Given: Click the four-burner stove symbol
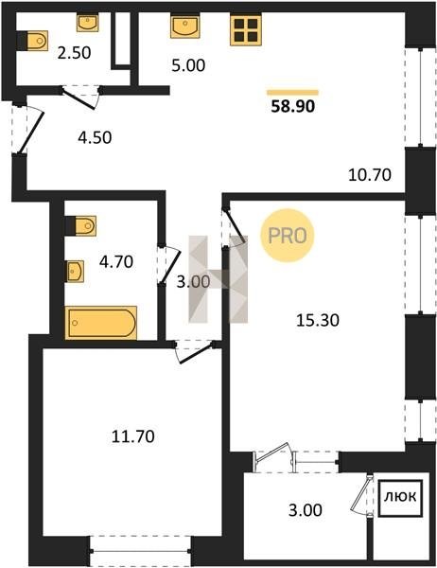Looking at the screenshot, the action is (x=246, y=30).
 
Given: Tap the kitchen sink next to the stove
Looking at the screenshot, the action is (x=185, y=27).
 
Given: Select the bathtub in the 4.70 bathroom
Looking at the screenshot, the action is (x=101, y=323).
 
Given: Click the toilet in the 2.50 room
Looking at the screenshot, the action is (x=33, y=40).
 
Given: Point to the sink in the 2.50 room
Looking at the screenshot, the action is (x=88, y=23).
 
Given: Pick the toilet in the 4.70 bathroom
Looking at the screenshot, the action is (x=80, y=225).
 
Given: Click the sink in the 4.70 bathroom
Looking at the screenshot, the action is (x=75, y=271).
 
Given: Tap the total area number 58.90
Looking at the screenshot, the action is (x=293, y=106).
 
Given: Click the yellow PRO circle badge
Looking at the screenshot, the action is (x=288, y=236).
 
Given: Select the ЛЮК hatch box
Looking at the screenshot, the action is (x=400, y=498).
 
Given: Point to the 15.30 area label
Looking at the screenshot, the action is (x=318, y=320).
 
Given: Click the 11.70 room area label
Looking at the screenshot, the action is (x=132, y=436).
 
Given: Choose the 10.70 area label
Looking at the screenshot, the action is (x=370, y=175).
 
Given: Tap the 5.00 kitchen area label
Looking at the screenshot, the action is (x=188, y=66).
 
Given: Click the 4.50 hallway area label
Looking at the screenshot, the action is (x=95, y=137).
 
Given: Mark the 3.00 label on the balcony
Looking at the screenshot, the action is (x=306, y=510).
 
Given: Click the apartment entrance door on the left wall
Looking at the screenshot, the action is (x=31, y=133).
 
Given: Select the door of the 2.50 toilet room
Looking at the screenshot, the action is (x=79, y=98).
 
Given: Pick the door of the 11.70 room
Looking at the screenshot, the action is (x=195, y=352).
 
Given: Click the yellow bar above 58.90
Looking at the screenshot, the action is (x=292, y=93).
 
